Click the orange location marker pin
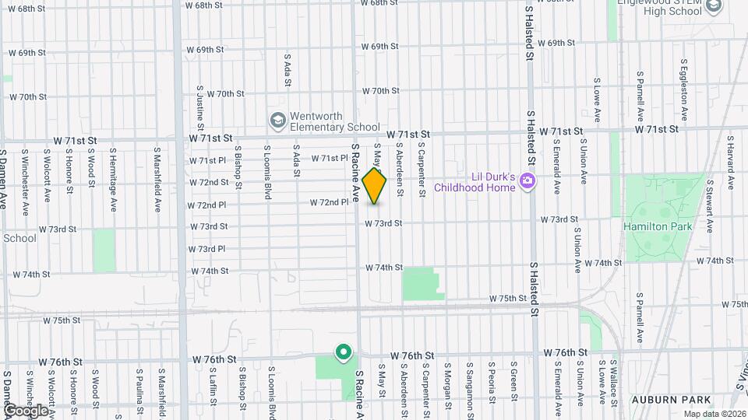(374, 186)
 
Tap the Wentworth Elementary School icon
(277, 121)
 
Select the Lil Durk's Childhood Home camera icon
(528, 181)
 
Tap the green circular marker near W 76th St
(342, 353)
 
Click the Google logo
(26, 410)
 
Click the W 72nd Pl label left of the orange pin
(330, 202)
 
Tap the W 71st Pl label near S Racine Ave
(330, 158)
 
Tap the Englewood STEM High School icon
(714, 8)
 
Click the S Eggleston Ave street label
(683, 97)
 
